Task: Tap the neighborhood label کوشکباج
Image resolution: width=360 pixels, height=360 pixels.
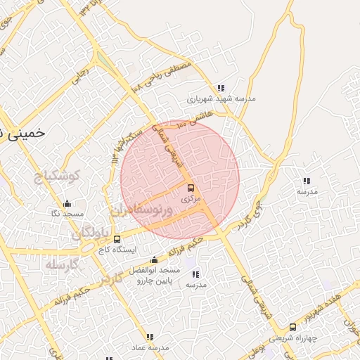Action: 58,176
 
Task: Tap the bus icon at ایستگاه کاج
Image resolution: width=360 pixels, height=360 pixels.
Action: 117,240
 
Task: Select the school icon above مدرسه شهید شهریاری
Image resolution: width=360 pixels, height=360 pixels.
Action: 221,89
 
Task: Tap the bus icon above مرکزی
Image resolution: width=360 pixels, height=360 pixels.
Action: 191,188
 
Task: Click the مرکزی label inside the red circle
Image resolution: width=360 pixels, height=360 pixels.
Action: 191,199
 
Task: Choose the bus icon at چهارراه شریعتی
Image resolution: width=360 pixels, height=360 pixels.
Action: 292,327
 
